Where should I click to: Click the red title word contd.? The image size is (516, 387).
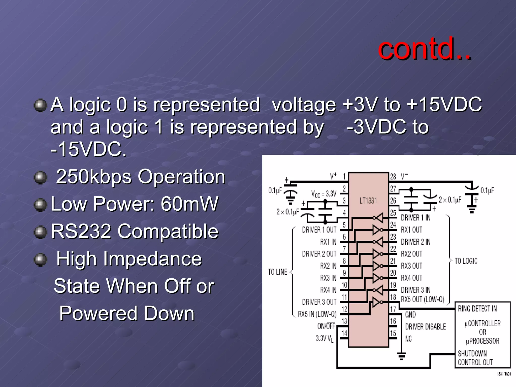point(424,48)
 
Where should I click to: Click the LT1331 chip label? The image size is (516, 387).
point(368,201)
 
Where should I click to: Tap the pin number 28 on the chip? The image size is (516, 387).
point(393,177)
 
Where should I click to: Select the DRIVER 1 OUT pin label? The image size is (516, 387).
point(319,230)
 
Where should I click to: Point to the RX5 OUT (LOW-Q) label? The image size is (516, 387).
point(423,299)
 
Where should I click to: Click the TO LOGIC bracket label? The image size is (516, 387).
point(466,261)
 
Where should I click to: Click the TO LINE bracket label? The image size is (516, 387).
point(277,272)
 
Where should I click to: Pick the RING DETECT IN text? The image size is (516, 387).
point(477,309)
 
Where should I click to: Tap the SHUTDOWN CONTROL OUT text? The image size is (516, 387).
point(475,358)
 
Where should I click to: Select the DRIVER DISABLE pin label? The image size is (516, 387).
point(425,327)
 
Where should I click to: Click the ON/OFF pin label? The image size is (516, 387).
point(326,326)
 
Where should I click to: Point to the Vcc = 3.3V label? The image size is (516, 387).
point(324,194)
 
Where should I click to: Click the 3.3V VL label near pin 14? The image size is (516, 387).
point(325,339)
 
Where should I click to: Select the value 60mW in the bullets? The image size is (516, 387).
point(189,204)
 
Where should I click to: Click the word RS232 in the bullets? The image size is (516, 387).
point(81,231)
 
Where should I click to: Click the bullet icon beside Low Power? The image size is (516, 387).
point(40,204)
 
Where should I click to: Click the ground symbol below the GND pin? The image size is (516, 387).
point(401,356)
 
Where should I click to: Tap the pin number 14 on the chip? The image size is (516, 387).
point(344,333)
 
